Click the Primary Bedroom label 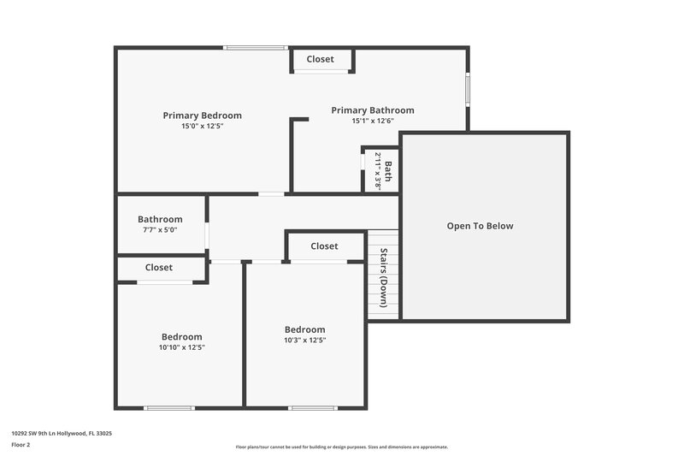pos(202,115)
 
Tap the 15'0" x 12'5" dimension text pos(202,127)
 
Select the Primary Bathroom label pos(372,110)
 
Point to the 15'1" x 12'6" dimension pos(372,121)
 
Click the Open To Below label pos(480,226)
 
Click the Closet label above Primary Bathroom pos(321,59)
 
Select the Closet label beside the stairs pos(324,246)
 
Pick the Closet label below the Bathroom pos(158,268)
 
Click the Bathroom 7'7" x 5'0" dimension pos(160,230)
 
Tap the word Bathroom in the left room pos(160,219)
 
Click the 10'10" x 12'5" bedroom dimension pos(181,347)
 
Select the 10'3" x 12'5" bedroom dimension pos(304,340)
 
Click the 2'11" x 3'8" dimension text pos(377,171)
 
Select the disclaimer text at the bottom pos(341,447)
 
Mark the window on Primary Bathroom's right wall pos(468,89)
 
